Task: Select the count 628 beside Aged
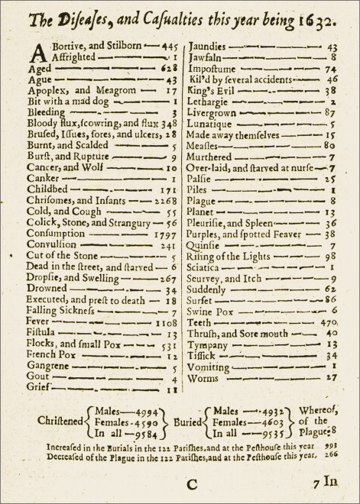click(x=167, y=69)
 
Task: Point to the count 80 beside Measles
click(x=332, y=145)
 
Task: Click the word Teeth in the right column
click(x=203, y=322)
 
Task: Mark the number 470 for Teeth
click(x=329, y=322)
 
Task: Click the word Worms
click(x=206, y=377)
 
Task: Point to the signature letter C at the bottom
click(x=191, y=483)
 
